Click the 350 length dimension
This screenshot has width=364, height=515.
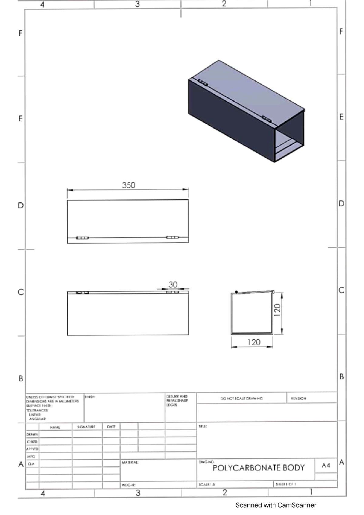point(129,185)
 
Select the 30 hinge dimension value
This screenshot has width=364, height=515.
point(173,284)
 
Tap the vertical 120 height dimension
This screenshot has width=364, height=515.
point(277,310)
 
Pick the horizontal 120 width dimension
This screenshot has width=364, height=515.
point(254,342)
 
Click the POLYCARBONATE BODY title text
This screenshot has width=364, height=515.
point(258,468)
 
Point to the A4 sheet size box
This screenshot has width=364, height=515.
point(326,465)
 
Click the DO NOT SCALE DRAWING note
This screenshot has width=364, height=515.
point(241,398)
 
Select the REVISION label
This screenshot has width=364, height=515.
point(298,398)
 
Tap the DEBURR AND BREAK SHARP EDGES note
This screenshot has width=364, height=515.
point(177,400)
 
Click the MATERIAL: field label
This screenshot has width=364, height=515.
point(130,463)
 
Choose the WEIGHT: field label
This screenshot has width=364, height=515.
point(129,485)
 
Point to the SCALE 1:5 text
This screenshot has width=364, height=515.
point(207,485)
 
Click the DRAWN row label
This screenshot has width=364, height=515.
point(32,434)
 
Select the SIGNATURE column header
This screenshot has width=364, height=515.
point(86,427)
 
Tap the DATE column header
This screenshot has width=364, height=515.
point(111,427)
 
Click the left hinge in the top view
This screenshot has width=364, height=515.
point(82,238)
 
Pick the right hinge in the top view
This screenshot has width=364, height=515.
point(172,237)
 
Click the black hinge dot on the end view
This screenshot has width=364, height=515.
point(236,292)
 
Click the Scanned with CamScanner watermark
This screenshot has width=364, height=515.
point(276,505)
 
